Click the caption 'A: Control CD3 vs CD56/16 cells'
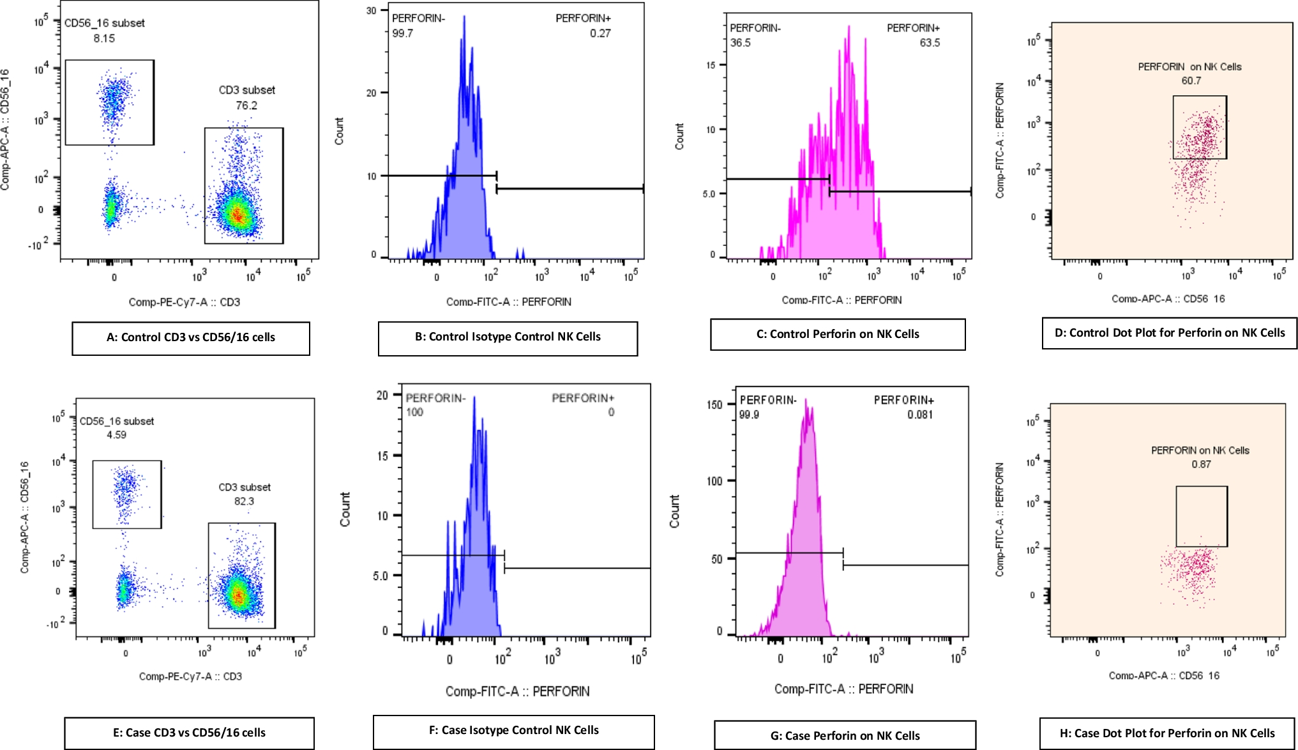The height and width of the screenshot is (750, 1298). [x=190, y=337]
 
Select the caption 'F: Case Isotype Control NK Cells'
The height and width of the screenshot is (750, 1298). [x=513, y=730]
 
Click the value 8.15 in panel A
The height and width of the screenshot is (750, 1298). [x=104, y=38]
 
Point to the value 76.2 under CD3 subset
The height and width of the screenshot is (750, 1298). [x=246, y=105]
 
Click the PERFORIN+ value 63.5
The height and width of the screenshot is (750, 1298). [x=929, y=43]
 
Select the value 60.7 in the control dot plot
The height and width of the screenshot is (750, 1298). [x=1191, y=80]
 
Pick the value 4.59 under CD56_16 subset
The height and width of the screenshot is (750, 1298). [x=116, y=435]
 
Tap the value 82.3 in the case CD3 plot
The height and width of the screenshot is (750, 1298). [x=244, y=501]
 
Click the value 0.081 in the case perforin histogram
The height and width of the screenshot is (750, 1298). [x=919, y=415]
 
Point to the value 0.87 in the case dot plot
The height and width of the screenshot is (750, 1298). [x=1201, y=464]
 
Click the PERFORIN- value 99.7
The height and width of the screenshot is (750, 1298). [x=402, y=33]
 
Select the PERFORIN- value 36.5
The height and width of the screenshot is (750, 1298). [x=740, y=43]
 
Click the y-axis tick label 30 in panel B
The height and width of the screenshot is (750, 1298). [x=371, y=10]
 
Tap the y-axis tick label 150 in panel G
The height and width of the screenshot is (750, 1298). [x=714, y=404]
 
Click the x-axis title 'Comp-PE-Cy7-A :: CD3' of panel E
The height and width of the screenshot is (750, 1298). [x=190, y=676]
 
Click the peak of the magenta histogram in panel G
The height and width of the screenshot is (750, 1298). [x=806, y=401]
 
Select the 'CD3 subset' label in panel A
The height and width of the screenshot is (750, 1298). [x=246, y=90]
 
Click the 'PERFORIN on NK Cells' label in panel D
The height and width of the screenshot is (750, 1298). [x=1189, y=66]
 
